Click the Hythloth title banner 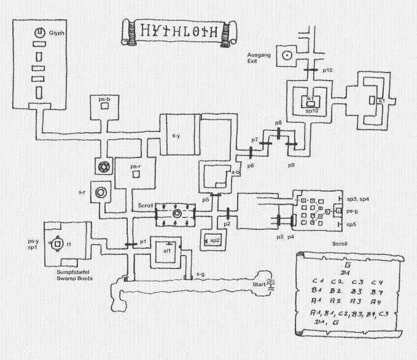pos(178,31)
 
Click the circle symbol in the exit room pos(286,55)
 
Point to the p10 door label pos(328,71)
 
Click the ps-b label pos(104,98)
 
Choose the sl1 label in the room pos(166,251)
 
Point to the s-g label pos(200,274)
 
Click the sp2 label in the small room pos(215,240)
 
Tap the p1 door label pos(143,241)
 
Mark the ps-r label pos(136,166)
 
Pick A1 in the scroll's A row pos(317,301)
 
